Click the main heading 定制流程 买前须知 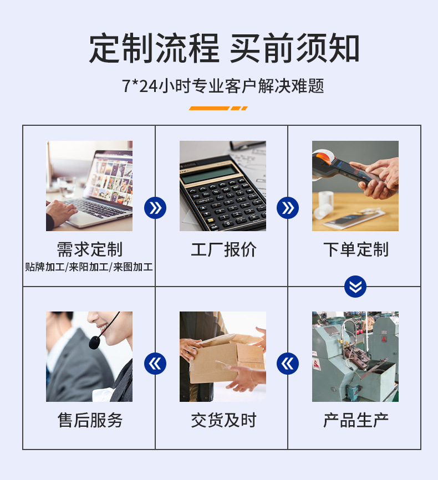(x=224, y=49)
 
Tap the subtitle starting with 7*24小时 (x=223, y=86)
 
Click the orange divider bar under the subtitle (x=218, y=108)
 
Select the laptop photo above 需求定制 (x=89, y=186)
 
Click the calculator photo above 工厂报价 (x=222, y=186)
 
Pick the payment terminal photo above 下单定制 (x=355, y=186)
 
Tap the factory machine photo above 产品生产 (x=355, y=356)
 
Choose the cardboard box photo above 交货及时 (x=222, y=356)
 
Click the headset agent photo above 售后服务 (x=89, y=356)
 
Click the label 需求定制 (x=89, y=249)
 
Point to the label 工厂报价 (x=223, y=249)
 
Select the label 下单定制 (x=355, y=249)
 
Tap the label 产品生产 (x=355, y=420)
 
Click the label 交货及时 (x=223, y=420)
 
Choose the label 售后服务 (x=89, y=420)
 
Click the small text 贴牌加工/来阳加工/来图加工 (x=89, y=267)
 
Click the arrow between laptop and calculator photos (x=155, y=208)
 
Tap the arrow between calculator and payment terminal (x=288, y=208)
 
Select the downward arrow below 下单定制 (x=355, y=287)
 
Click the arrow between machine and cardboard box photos (x=288, y=364)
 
